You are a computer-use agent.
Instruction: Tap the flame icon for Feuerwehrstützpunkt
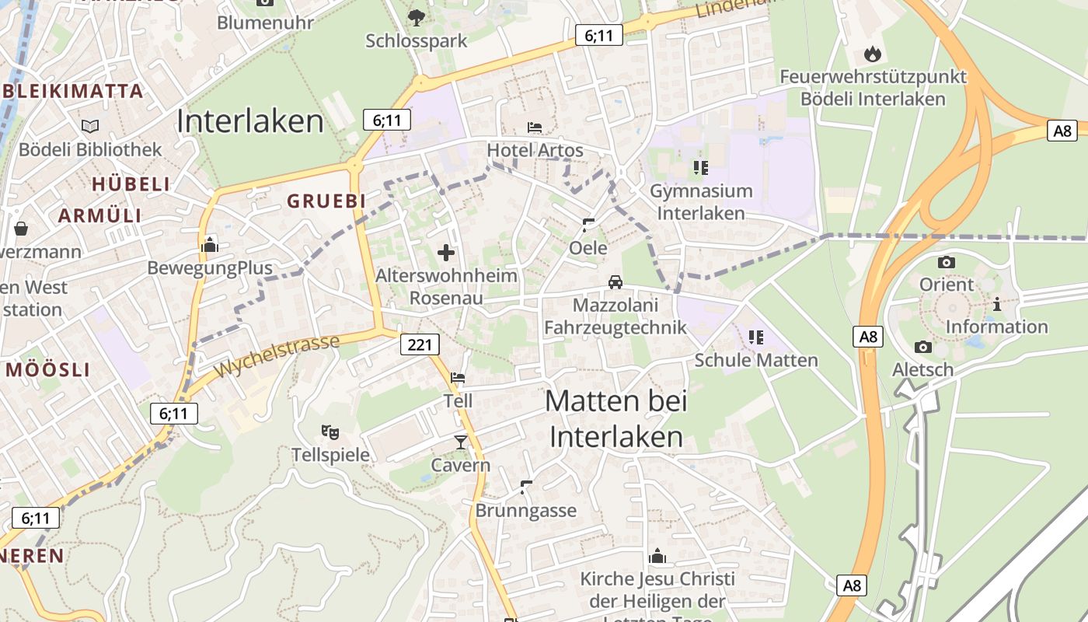point(873,54)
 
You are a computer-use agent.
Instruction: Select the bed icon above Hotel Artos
point(535,127)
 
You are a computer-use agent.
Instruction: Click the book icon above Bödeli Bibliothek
point(90,125)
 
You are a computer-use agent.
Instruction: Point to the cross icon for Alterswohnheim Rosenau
point(446,252)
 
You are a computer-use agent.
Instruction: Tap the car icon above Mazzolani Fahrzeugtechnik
point(615,281)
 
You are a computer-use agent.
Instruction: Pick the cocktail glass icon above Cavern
point(461,442)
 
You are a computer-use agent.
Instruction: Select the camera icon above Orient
point(947,262)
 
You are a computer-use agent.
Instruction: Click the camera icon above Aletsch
point(923,347)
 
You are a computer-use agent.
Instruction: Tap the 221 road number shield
point(419,344)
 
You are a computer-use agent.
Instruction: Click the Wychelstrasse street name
point(277,355)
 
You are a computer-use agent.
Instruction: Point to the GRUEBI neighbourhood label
point(326,201)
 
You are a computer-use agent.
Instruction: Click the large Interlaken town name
point(249,121)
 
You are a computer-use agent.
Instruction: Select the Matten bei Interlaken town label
point(616,419)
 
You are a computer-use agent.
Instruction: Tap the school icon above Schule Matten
point(756,337)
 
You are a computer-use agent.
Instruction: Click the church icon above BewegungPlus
point(210,246)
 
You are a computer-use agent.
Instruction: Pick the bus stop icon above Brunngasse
point(526,487)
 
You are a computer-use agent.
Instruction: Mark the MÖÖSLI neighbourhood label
point(48,370)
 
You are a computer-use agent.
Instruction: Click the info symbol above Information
point(996,304)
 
